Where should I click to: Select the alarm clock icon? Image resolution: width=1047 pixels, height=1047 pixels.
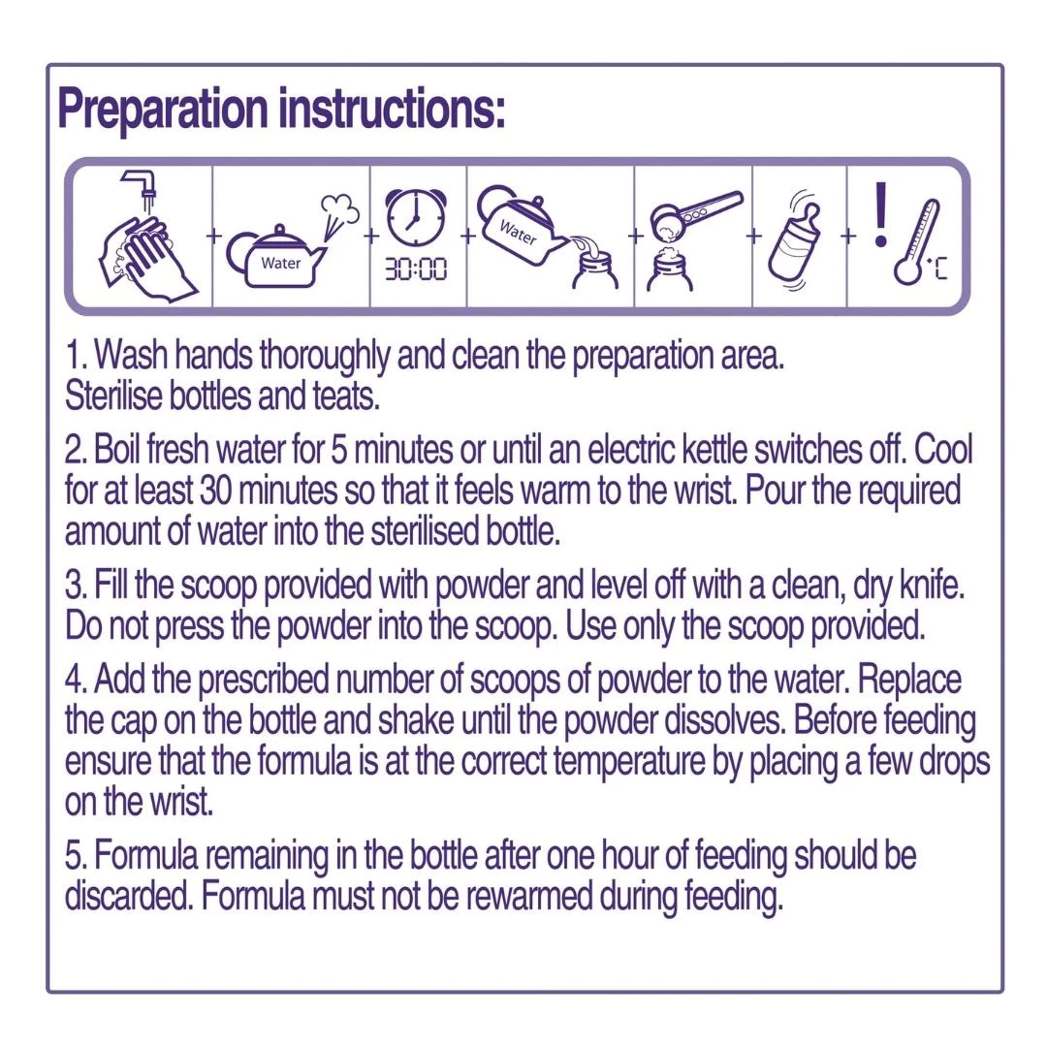coord(416,218)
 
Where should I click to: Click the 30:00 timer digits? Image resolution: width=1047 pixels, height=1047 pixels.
coord(416,270)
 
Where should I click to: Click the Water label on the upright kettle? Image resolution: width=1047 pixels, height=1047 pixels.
coord(280,263)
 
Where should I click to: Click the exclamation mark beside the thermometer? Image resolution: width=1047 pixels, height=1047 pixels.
coord(880,213)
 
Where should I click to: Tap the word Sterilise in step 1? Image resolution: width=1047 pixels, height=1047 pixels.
coord(113,396)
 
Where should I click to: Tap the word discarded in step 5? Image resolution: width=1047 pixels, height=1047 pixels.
coord(128,897)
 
